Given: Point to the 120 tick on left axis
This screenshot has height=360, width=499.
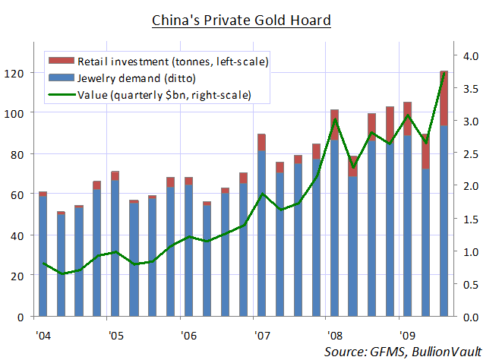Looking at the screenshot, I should tap(18, 73).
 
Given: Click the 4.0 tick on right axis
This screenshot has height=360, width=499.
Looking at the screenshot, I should tap(472, 56).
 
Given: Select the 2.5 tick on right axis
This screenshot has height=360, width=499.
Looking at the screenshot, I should tap(472, 153).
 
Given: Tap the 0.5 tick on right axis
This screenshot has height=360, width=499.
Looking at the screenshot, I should tap(472, 284).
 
